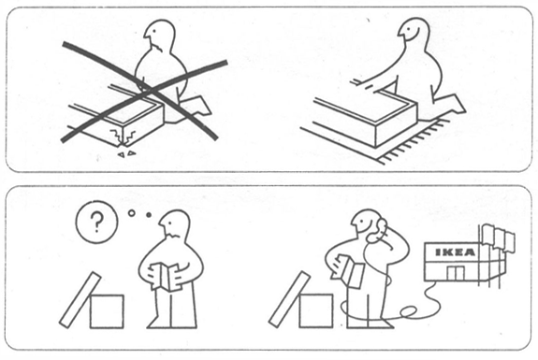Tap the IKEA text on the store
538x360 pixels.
coord(456,252)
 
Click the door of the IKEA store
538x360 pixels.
coord(456,273)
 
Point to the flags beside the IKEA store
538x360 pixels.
coord(499,238)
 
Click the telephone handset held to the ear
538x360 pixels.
coord(377,231)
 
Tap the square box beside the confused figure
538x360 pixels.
coord(107,311)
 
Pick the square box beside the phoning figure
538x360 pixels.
coord(316,310)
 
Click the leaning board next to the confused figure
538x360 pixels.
coord(80,299)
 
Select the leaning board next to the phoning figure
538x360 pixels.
coord(290,298)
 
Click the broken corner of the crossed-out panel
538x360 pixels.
coord(121,138)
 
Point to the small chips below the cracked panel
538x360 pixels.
coord(125,154)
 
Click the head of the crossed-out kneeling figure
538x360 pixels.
coord(159,36)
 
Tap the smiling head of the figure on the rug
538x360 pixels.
coord(414,34)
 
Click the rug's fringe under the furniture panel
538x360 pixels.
coord(408,144)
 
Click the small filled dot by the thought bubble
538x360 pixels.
coord(149,215)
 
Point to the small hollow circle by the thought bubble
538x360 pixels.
coord(131,213)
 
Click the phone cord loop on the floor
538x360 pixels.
coord(409,312)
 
